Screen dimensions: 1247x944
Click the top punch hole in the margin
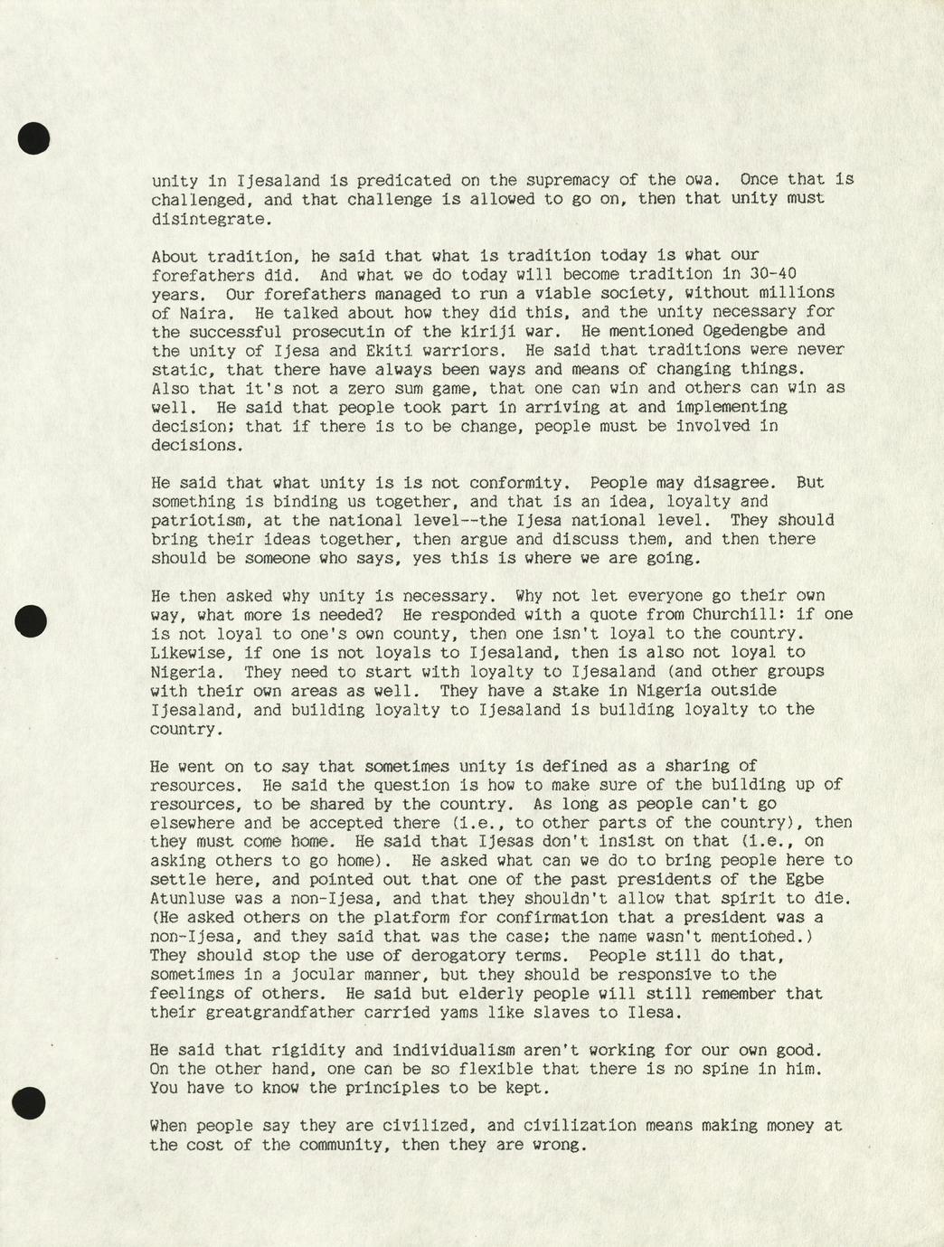click(33, 138)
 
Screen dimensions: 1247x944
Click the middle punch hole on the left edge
click(33, 620)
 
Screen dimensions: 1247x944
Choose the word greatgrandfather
click(253, 1013)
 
